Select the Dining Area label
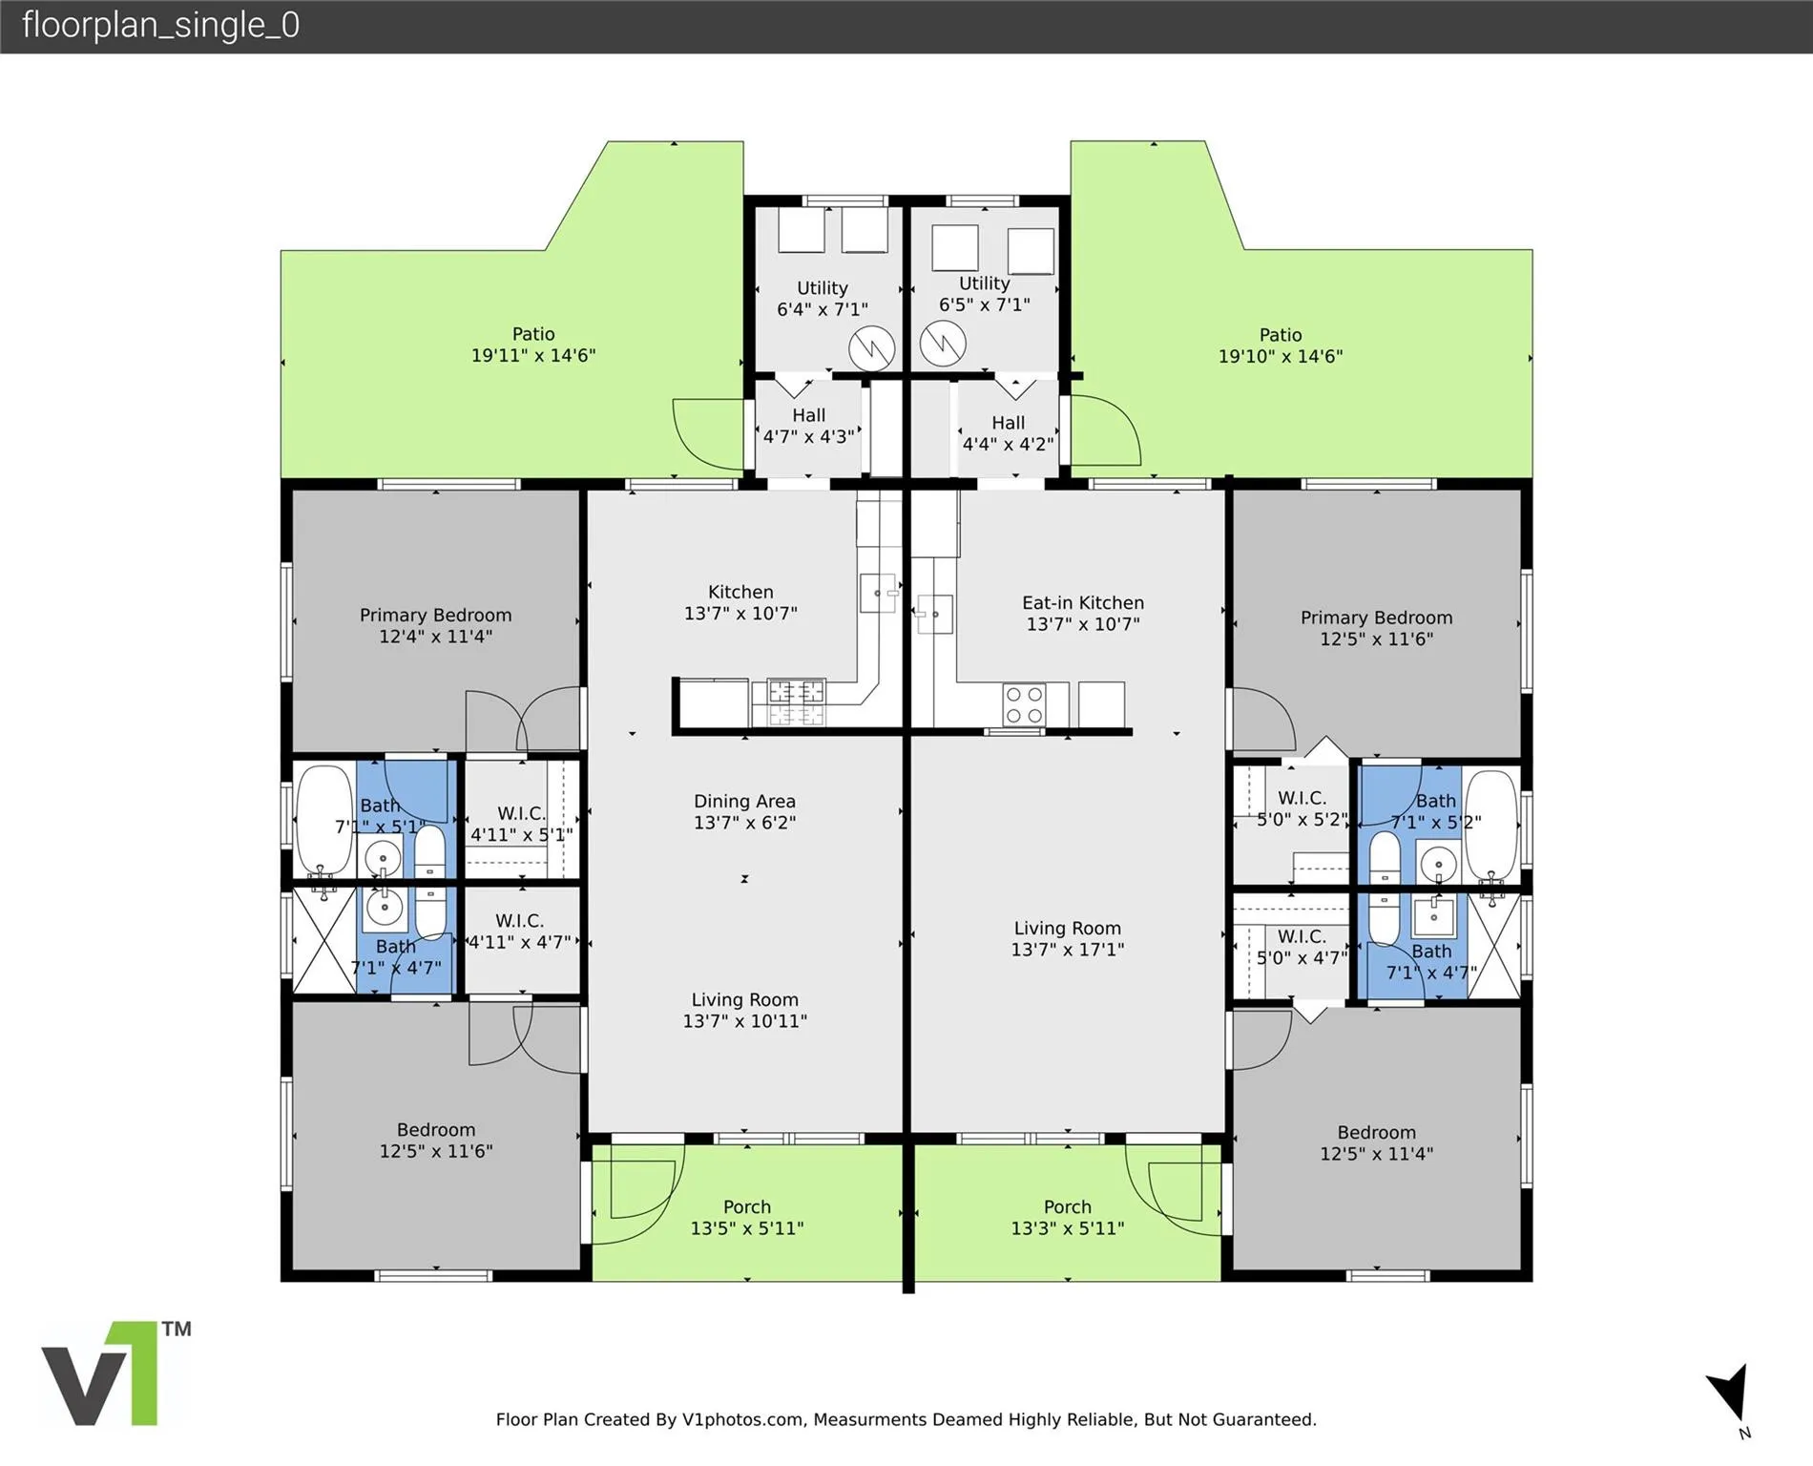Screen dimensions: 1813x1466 (744, 811)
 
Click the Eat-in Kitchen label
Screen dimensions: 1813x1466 (1083, 613)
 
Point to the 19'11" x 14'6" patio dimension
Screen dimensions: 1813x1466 (533, 355)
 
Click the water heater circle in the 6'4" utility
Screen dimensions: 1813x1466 (872, 348)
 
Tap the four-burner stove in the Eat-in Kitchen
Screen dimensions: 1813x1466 (1023, 705)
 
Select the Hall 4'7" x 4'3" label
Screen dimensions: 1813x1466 (808, 426)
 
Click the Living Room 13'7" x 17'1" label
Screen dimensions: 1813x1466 (1068, 938)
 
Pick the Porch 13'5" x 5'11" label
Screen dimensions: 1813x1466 (747, 1217)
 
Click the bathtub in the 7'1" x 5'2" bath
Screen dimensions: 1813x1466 (1490, 827)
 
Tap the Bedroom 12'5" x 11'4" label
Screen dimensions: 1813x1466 (1376, 1142)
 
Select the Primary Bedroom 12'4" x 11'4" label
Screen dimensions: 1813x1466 (435, 625)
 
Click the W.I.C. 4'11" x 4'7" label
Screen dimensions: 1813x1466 (519, 932)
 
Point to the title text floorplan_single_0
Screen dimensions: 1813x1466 (160, 25)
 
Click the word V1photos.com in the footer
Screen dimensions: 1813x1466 (742, 1419)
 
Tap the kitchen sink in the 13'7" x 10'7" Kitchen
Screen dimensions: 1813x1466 (879, 593)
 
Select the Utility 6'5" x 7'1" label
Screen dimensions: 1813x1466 (984, 293)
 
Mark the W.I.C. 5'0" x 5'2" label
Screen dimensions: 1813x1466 (1302, 808)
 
